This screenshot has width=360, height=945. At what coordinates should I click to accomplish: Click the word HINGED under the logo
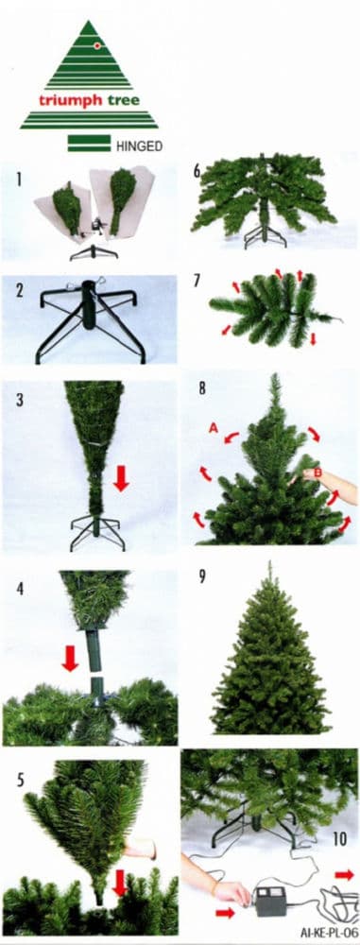(x=139, y=146)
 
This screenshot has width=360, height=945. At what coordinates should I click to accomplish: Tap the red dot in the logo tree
(x=96, y=46)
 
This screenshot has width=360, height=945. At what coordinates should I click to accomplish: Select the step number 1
(x=19, y=179)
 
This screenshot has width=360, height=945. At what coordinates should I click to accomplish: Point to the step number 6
(x=197, y=170)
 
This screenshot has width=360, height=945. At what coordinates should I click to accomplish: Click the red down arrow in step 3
(x=121, y=478)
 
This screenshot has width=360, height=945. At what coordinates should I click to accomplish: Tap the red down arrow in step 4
(x=71, y=658)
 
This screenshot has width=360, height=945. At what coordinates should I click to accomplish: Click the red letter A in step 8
(x=213, y=428)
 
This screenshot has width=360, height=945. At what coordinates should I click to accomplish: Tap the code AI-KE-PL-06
(x=329, y=931)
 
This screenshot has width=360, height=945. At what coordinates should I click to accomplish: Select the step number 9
(x=201, y=576)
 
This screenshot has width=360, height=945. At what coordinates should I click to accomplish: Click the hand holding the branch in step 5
(x=140, y=850)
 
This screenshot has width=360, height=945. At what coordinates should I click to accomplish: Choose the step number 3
(x=19, y=400)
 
